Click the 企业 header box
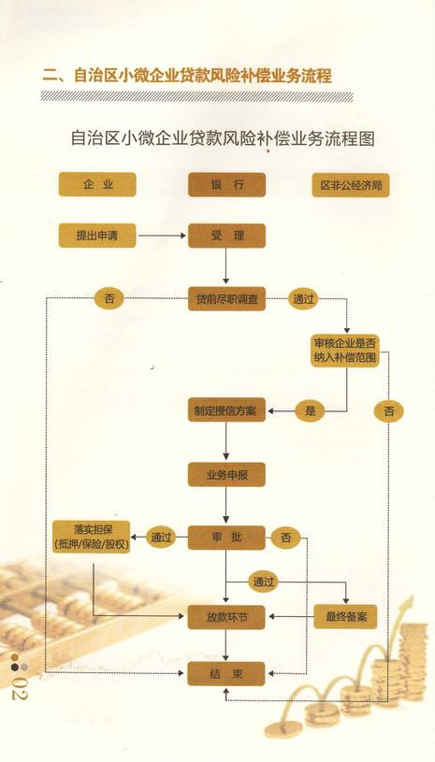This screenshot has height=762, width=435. point(97,185)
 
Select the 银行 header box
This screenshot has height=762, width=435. point(227,185)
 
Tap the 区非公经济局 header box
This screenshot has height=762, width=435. point(351,185)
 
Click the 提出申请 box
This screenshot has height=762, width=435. point(97,236)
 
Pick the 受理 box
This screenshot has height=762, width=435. point(227,236)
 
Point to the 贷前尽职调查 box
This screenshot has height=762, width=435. point(227,299)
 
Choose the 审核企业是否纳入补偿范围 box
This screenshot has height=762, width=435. point(345,351)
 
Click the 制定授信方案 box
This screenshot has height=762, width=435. point(227,411)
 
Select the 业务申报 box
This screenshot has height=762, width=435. point(227,474)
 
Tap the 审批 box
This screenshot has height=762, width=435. point(227,538)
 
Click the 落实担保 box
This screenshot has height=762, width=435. point(92,537)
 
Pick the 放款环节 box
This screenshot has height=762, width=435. point(227,617)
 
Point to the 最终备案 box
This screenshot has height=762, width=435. point(346,617)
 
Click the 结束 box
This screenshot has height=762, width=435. point(227,673)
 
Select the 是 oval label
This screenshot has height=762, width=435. point(310,411)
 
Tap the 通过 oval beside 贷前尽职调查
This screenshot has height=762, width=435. point(303,299)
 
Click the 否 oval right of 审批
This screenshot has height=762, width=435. point(286,538)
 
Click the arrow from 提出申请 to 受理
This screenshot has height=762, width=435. point(162,236)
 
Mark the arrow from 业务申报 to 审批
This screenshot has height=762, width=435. point(226,505)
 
